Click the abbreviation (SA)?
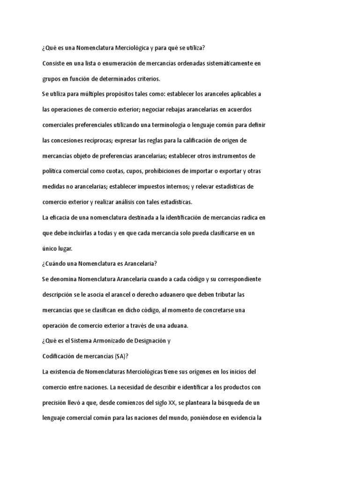coord(120,357)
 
